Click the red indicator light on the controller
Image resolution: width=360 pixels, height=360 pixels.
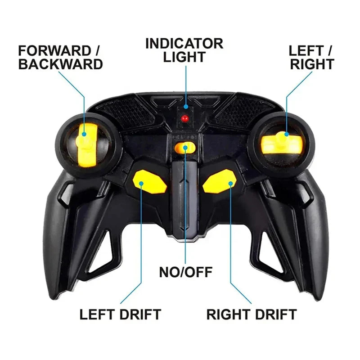(x=184, y=119)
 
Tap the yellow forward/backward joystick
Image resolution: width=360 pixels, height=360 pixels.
(x=86, y=144)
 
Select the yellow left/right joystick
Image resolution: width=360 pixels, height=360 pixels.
(x=281, y=143)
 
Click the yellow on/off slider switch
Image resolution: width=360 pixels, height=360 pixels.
(x=185, y=148)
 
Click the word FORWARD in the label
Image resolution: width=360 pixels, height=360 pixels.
(x=55, y=51)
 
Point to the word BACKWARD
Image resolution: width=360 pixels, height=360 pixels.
(x=60, y=64)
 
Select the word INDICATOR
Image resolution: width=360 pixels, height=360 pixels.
(x=184, y=43)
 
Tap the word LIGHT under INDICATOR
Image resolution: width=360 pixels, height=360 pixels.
(x=184, y=57)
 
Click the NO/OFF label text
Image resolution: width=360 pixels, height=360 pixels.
(x=185, y=272)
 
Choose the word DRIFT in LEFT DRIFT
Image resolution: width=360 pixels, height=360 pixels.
(x=140, y=314)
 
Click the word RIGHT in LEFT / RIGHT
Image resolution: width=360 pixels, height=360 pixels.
(x=312, y=64)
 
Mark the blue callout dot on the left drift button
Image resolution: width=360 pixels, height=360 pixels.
(x=141, y=184)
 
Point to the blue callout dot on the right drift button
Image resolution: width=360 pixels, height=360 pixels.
(x=231, y=184)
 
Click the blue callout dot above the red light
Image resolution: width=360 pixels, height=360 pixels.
(x=186, y=107)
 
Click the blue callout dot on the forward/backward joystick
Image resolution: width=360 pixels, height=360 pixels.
(x=84, y=134)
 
